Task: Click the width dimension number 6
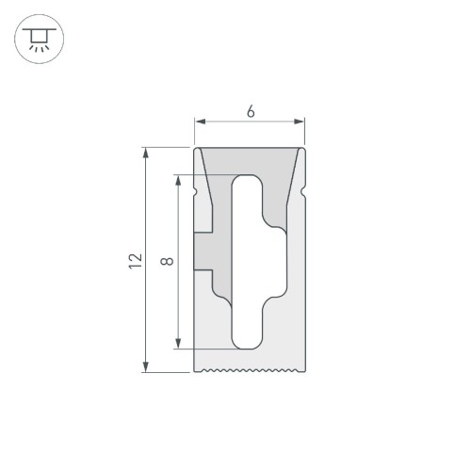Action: (x=251, y=111)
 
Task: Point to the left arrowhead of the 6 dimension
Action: (x=199, y=122)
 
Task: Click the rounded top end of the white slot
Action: (x=249, y=182)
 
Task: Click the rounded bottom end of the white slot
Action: (x=249, y=341)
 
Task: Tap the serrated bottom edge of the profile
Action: (x=251, y=370)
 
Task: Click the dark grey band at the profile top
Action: (x=251, y=160)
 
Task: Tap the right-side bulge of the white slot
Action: (x=275, y=262)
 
